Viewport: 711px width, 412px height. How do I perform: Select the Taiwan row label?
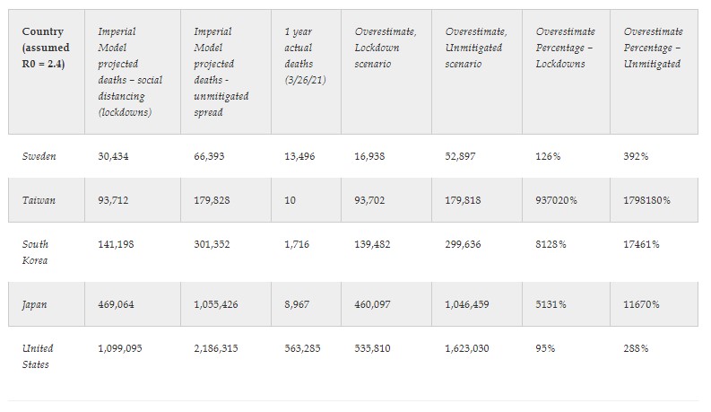coord(39,200)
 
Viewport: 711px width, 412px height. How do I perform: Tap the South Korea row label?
coord(36,252)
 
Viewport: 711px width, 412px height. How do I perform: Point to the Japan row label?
coord(36,304)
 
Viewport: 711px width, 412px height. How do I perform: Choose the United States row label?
coord(39,356)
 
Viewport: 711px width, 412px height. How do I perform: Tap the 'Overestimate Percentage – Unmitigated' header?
coord(652,48)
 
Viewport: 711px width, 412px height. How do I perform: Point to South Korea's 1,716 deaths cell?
coord(295,244)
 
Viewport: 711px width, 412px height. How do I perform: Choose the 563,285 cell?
coord(301,348)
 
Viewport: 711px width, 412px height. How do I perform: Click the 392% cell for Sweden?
coord(635,156)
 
